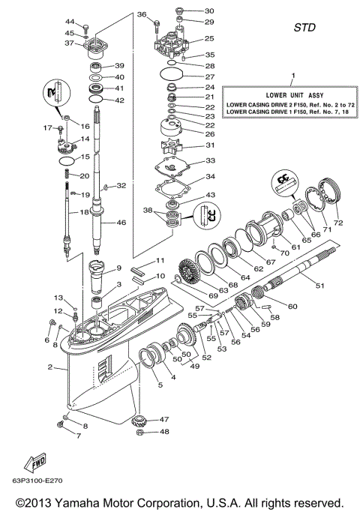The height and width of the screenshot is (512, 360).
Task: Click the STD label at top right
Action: (x=304, y=28)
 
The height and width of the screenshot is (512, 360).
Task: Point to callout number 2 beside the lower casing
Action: (x=50, y=367)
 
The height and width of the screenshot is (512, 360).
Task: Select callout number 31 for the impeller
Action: (x=210, y=145)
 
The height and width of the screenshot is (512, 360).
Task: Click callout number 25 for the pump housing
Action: (x=210, y=38)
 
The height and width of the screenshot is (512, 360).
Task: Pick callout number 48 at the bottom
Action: (x=165, y=432)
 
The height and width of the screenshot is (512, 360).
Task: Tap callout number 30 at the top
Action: (x=209, y=11)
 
